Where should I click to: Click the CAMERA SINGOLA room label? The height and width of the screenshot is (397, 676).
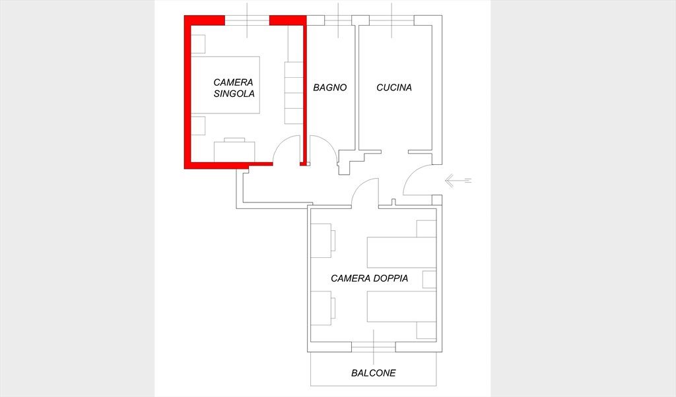tap(234, 88)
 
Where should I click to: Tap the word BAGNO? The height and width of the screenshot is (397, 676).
tap(330, 88)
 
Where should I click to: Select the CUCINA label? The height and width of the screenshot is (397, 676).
tap(394, 88)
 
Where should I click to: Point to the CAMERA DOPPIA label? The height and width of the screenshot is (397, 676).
tap(370, 278)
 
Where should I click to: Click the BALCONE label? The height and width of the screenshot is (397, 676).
tap(374, 373)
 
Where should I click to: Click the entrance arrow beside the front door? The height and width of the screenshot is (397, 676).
tap(458, 181)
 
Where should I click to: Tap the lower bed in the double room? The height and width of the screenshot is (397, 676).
tap(401, 307)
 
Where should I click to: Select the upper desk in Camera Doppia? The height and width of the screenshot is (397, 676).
tap(323, 241)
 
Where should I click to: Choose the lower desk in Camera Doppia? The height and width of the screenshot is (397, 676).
tap(323, 308)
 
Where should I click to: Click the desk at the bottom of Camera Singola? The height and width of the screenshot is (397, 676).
tap(234, 150)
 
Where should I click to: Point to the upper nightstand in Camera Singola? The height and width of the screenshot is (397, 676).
tap(198, 44)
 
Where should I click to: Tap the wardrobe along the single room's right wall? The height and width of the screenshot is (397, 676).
tap(294, 93)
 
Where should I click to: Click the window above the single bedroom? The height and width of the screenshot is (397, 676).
tap(247, 20)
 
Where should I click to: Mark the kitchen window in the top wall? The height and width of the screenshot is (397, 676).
tap(391, 20)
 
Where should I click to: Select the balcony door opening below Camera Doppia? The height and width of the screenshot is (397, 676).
tap(374, 347)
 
